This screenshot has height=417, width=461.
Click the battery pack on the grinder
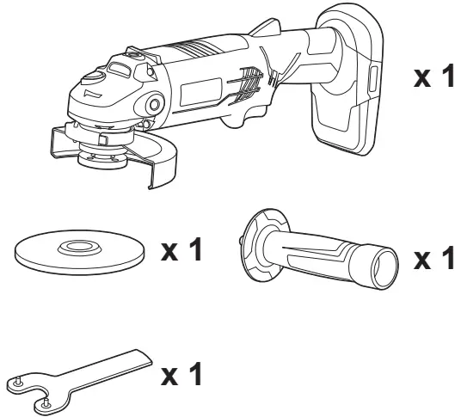click(344, 103)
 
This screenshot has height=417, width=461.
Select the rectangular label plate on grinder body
click(200, 89)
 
